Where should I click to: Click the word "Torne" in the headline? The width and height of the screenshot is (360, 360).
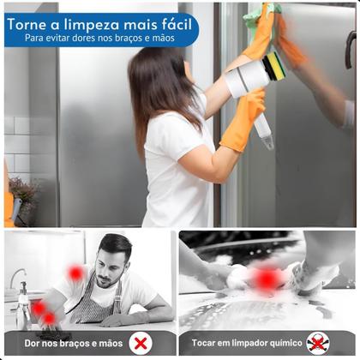pos(30,23)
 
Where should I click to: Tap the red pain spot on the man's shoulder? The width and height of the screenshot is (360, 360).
pos(75,273)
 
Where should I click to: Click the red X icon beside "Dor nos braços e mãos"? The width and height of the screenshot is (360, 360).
pos(140,343)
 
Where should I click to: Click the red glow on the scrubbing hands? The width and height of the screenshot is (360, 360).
pos(267,279)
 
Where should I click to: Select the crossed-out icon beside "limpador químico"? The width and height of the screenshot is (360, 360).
pos(317,343)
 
